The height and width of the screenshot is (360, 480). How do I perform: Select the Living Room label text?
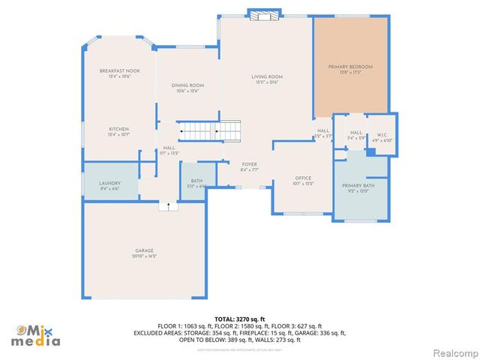pos(266,76)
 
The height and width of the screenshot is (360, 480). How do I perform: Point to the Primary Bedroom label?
pos(350,67)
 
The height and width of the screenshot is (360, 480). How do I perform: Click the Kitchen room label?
pos(119,129)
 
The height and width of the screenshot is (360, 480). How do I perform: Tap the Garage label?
pos(144,250)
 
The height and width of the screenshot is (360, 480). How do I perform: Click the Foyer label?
pos(249,164)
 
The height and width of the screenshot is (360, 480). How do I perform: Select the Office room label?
pos(303,178)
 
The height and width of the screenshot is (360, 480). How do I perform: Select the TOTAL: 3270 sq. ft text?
pos(240,319)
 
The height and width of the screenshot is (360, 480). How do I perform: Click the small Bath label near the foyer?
pos(196,181)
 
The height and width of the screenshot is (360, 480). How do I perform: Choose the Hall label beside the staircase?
pos(169,148)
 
